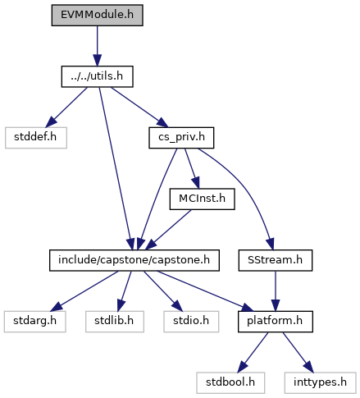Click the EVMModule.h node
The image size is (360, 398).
coord(97,15)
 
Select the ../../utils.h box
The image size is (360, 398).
coord(97,76)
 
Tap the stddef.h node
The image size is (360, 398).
coord(36,138)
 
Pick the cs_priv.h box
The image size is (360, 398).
coord(181,138)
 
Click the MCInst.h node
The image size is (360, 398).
coord(202,199)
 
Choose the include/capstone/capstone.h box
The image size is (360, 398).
coord(134,260)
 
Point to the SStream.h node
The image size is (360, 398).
coord(276,260)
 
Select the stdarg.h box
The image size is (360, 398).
coord(34,322)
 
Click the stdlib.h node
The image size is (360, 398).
coord(115,322)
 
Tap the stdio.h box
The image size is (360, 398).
coord(191,322)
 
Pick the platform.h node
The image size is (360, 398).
coord(276,322)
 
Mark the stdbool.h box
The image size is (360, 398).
coord(230,382)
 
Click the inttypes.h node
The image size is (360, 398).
coord(320,382)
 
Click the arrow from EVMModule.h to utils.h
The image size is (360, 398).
coord(97,46)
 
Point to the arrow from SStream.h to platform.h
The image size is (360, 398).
coord(276,291)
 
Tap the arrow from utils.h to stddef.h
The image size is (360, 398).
coord(66,108)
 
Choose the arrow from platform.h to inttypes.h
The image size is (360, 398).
coord(298,352)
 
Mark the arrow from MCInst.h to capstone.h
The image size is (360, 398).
coord(168,230)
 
